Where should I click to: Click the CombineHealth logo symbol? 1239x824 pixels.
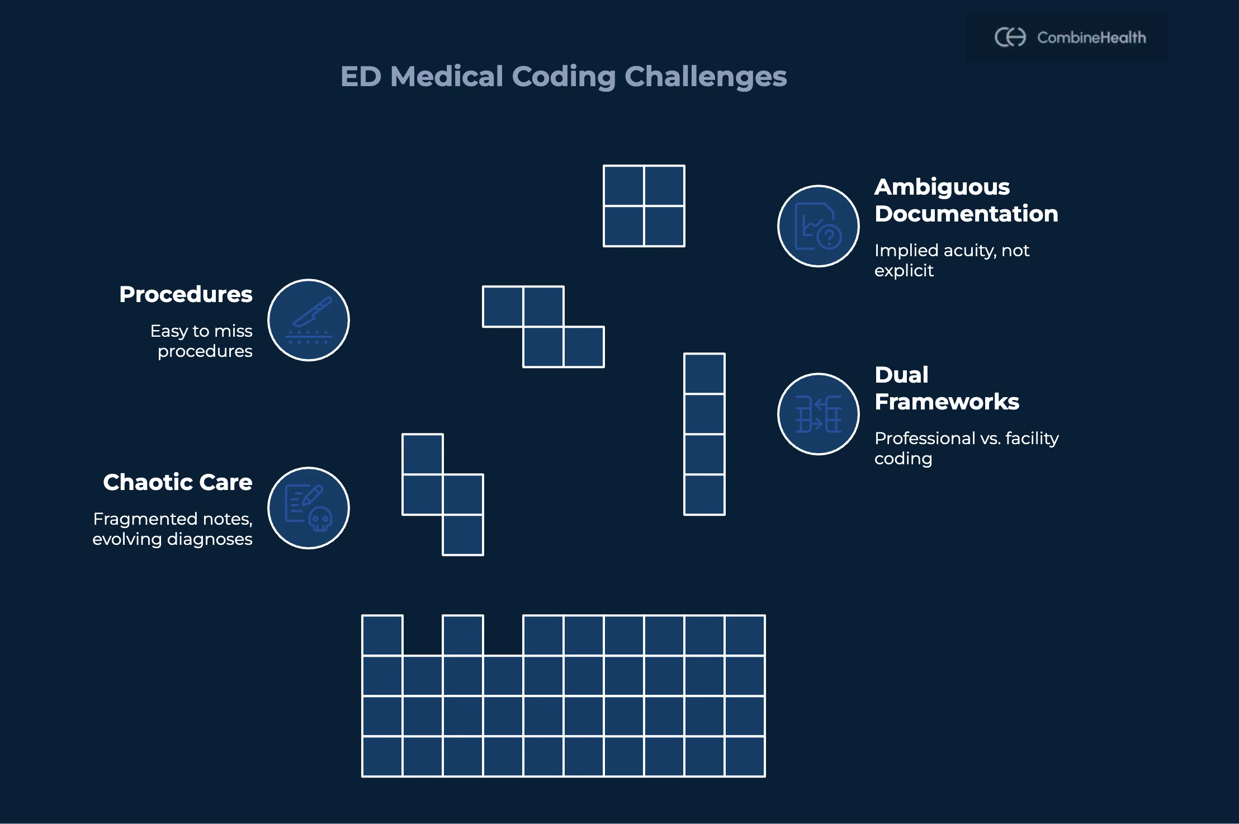coord(1010,37)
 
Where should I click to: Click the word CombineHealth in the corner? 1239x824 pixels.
coord(1091,37)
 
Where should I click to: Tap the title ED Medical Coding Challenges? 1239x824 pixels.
coord(563,76)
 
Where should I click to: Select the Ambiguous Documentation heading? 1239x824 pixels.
coord(966,200)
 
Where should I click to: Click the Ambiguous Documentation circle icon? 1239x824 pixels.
coord(818,226)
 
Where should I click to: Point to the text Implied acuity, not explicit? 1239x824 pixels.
coord(951,260)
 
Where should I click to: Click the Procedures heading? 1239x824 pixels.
coord(186,294)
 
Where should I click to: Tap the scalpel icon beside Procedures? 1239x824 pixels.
coord(309,320)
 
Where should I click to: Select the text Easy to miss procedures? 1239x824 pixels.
coord(202,341)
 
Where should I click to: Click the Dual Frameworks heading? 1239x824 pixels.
coord(947,388)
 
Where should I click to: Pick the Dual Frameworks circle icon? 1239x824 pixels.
coord(818,414)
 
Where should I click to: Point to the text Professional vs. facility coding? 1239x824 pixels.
coord(966,448)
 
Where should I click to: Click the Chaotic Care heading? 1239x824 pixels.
coord(177,482)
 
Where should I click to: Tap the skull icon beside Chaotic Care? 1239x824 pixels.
coord(309,508)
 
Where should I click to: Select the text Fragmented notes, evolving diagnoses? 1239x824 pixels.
coord(173,529)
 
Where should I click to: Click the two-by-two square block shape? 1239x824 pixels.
coord(644,206)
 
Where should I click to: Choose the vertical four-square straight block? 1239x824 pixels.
coord(704,434)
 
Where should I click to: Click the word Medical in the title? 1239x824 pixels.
coord(447,76)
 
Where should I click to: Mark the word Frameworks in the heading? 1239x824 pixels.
coord(947,402)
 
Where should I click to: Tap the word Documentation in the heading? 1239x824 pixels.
coord(966,214)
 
